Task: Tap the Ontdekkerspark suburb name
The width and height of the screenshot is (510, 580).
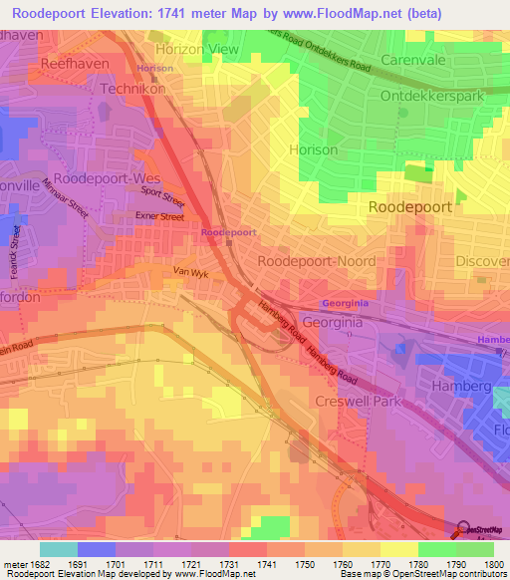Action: pos(437,97)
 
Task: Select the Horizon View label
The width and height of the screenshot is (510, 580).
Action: pos(196,49)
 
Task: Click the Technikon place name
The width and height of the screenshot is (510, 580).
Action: pos(131,88)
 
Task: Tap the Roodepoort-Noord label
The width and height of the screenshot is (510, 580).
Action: pos(317,261)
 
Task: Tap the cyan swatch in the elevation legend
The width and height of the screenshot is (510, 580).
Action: pos(58,549)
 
